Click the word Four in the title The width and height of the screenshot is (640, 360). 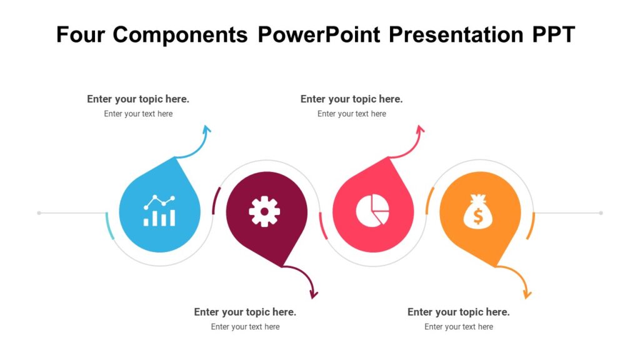coord(81,34)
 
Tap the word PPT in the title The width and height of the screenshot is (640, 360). coord(553,34)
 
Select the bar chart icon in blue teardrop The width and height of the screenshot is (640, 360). coord(159,211)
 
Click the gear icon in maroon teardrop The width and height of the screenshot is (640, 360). coord(264,211)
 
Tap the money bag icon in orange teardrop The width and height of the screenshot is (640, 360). coord(478,211)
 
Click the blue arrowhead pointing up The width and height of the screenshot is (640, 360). coord(207,129)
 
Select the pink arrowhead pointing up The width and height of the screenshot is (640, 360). coord(421,129)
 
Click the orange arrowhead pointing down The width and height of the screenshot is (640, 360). coord(527,293)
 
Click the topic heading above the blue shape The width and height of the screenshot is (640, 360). coord(138,99)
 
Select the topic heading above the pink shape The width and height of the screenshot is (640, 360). coord(351,99)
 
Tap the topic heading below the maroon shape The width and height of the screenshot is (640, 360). coord(245,312)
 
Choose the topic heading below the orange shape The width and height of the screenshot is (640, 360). coord(458,312)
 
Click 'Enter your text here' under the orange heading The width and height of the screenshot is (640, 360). coord(458,327)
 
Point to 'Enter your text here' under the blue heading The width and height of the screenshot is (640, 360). coord(138,114)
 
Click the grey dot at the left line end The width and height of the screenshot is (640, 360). coord(39,213)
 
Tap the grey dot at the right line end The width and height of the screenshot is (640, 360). coord(601,213)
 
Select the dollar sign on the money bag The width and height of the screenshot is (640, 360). coord(478,216)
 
